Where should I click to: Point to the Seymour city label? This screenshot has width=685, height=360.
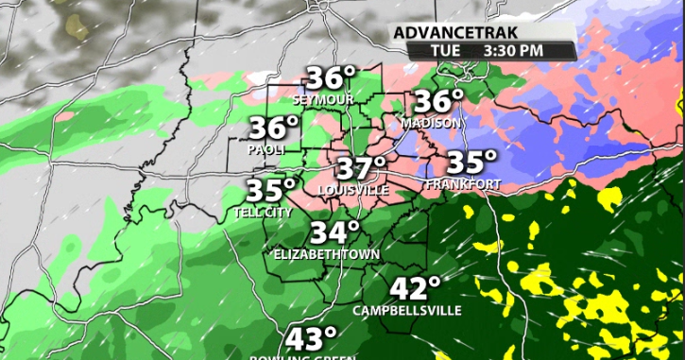coord(323,99)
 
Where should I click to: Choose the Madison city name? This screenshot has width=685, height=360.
coord(431,123)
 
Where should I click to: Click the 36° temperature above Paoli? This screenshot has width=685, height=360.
coord(274,129)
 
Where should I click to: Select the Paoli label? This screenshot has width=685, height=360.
coord(267,149)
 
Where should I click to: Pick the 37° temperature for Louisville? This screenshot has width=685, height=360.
coord(363,169)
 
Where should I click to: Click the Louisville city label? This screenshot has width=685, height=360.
coord(354,190)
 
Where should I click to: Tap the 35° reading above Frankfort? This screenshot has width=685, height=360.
coord(471,163)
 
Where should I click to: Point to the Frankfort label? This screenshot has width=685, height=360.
coord(464,183)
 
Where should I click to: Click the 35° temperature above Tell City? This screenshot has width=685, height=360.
coord(271,190)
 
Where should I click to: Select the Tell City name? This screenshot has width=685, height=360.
coord(264,213)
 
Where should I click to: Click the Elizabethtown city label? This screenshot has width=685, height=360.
coord(326,254)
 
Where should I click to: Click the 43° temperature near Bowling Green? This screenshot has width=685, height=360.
coord(315,338)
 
